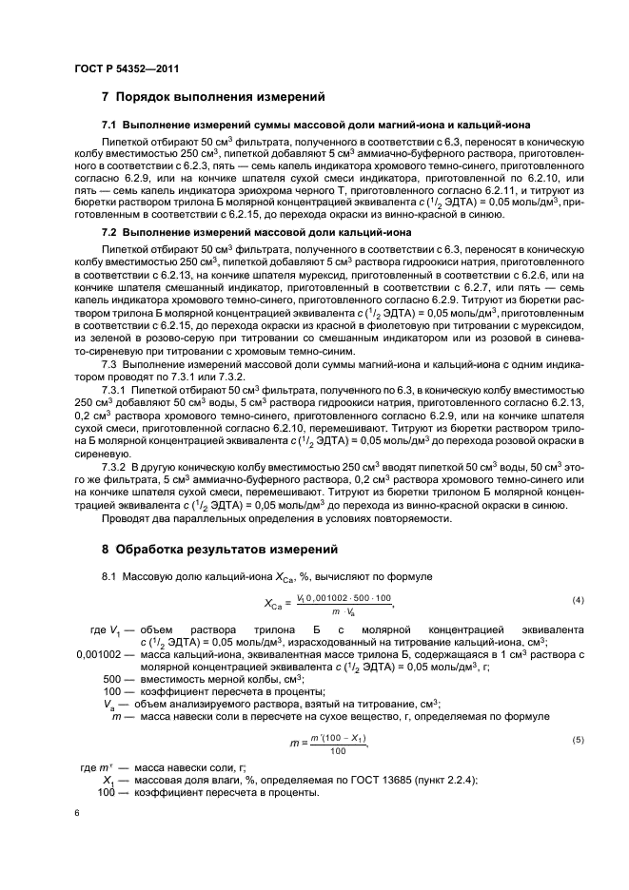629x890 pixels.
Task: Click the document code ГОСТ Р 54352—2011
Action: click(126, 68)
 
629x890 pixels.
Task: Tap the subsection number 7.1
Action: click(108, 126)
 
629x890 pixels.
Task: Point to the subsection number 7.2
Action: click(108, 231)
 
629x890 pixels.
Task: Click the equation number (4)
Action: click(577, 601)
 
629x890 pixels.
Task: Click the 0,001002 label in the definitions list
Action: click(98, 655)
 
